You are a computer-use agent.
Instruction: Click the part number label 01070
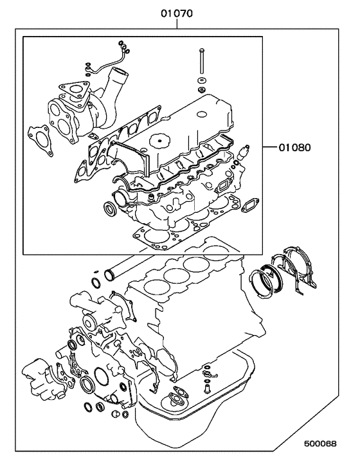coord(177,13)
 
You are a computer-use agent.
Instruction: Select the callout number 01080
coord(295,147)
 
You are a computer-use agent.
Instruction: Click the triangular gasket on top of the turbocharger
coord(75,89)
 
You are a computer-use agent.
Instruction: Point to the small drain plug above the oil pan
coord(207,390)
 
